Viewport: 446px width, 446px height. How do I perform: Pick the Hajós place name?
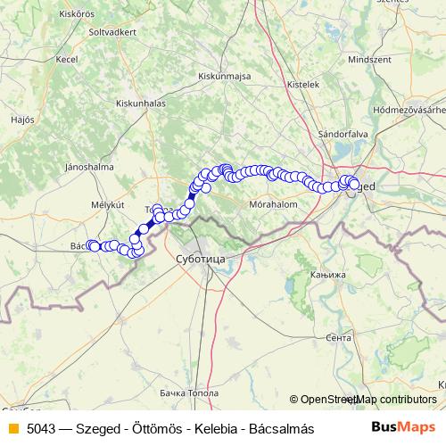pyautogui.click(x=21, y=118)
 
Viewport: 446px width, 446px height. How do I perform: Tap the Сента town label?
pyautogui.click(x=339, y=338)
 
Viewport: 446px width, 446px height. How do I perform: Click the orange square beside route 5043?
pyautogui.click(x=12, y=428)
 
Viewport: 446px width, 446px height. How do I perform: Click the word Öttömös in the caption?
pyautogui.click(x=158, y=428)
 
